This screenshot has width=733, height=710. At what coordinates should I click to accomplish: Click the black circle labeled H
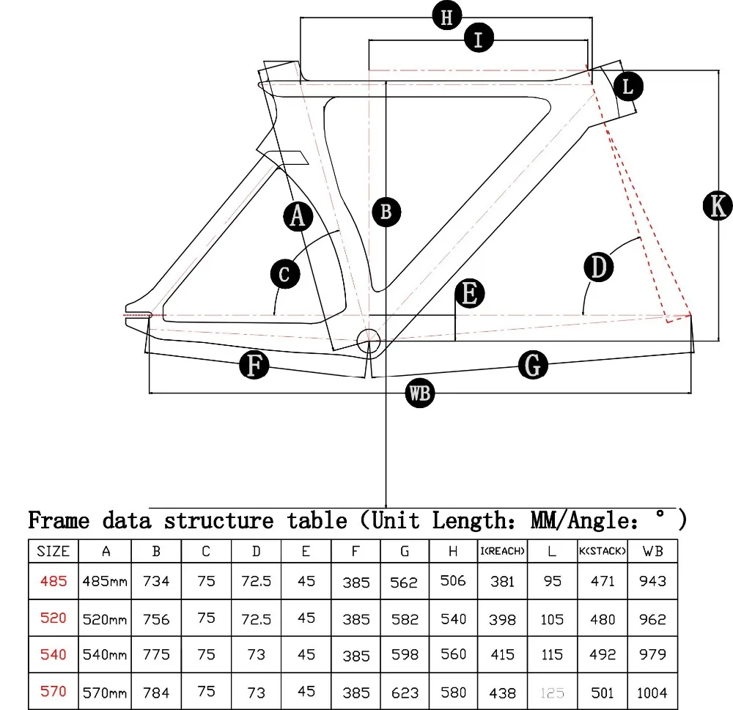click(x=447, y=15)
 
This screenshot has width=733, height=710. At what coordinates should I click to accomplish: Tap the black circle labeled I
click(x=479, y=38)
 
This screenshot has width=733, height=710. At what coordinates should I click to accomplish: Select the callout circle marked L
click(x=628, y=86)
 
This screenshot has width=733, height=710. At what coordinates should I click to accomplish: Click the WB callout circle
click(x=420, y=393)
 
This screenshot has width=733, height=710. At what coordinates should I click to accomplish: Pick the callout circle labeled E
click(x=470, y=294)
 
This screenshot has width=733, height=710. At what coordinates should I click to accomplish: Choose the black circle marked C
click(x=285, y=274)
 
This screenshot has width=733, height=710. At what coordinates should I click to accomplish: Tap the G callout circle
click(x=533, y=365)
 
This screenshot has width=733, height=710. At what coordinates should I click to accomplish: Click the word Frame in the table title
click(x=59, y=521)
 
